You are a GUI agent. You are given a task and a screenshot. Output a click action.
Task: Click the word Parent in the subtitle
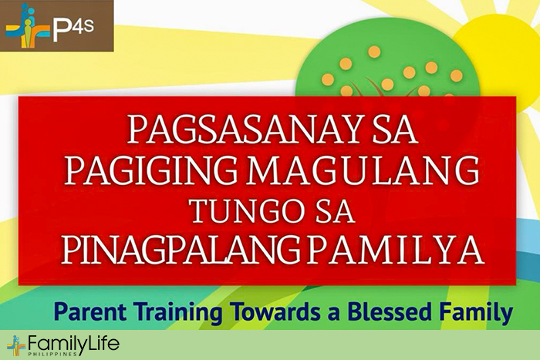tap(90, 312)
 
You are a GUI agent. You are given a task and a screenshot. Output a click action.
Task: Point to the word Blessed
tap(390, 311)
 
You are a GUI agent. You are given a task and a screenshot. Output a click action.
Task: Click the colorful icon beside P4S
tap(26, 25)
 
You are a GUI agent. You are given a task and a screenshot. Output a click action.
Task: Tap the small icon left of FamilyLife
tap(16, 345)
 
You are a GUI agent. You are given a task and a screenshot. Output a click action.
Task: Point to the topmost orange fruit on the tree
tap(374, 52)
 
